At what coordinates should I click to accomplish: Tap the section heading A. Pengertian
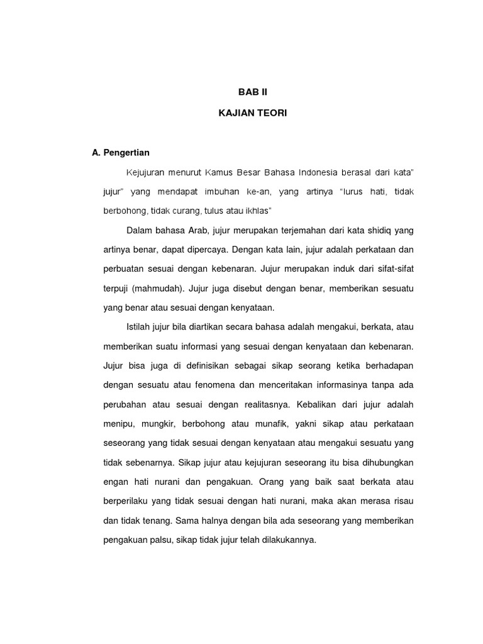click(121, 153)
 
